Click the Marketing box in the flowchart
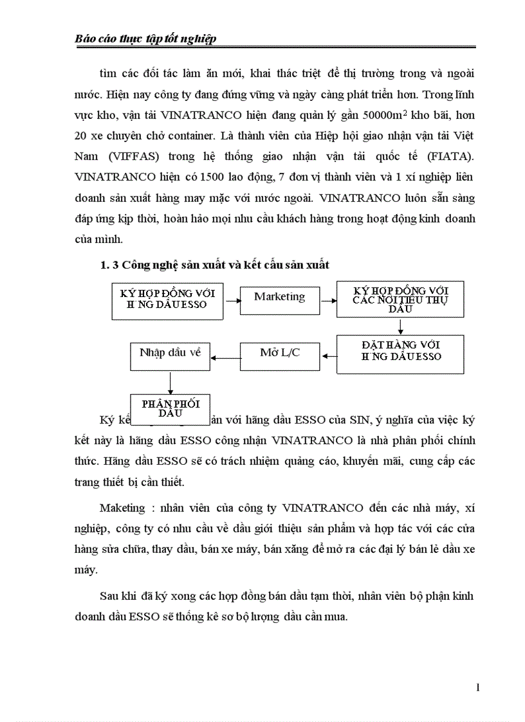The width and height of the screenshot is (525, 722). [x=280, y=298]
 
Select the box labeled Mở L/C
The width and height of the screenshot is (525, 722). [x=280, y=354]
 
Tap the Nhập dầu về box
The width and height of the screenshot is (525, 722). [x=170, y=354]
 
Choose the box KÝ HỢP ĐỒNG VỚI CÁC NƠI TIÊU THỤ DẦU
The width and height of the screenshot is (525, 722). [x=400, y=300]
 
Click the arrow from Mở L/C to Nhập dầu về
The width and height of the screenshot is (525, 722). [x=225, y=358]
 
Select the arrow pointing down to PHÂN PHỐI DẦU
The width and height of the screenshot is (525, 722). [x=170, y=382]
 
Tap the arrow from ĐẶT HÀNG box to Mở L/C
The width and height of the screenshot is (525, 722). [x=329, y=355]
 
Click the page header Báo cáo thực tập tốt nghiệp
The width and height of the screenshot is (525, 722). [x=145, y=39]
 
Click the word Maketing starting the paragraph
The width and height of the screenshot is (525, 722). [x=123, y=508]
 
